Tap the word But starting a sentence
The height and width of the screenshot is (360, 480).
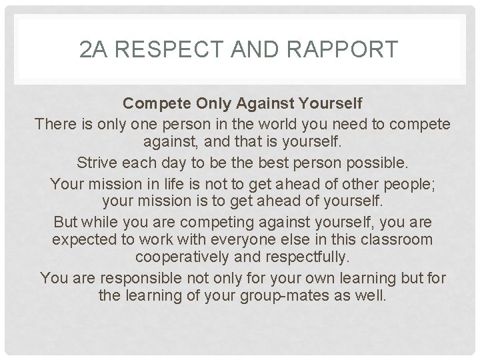(67, 220)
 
